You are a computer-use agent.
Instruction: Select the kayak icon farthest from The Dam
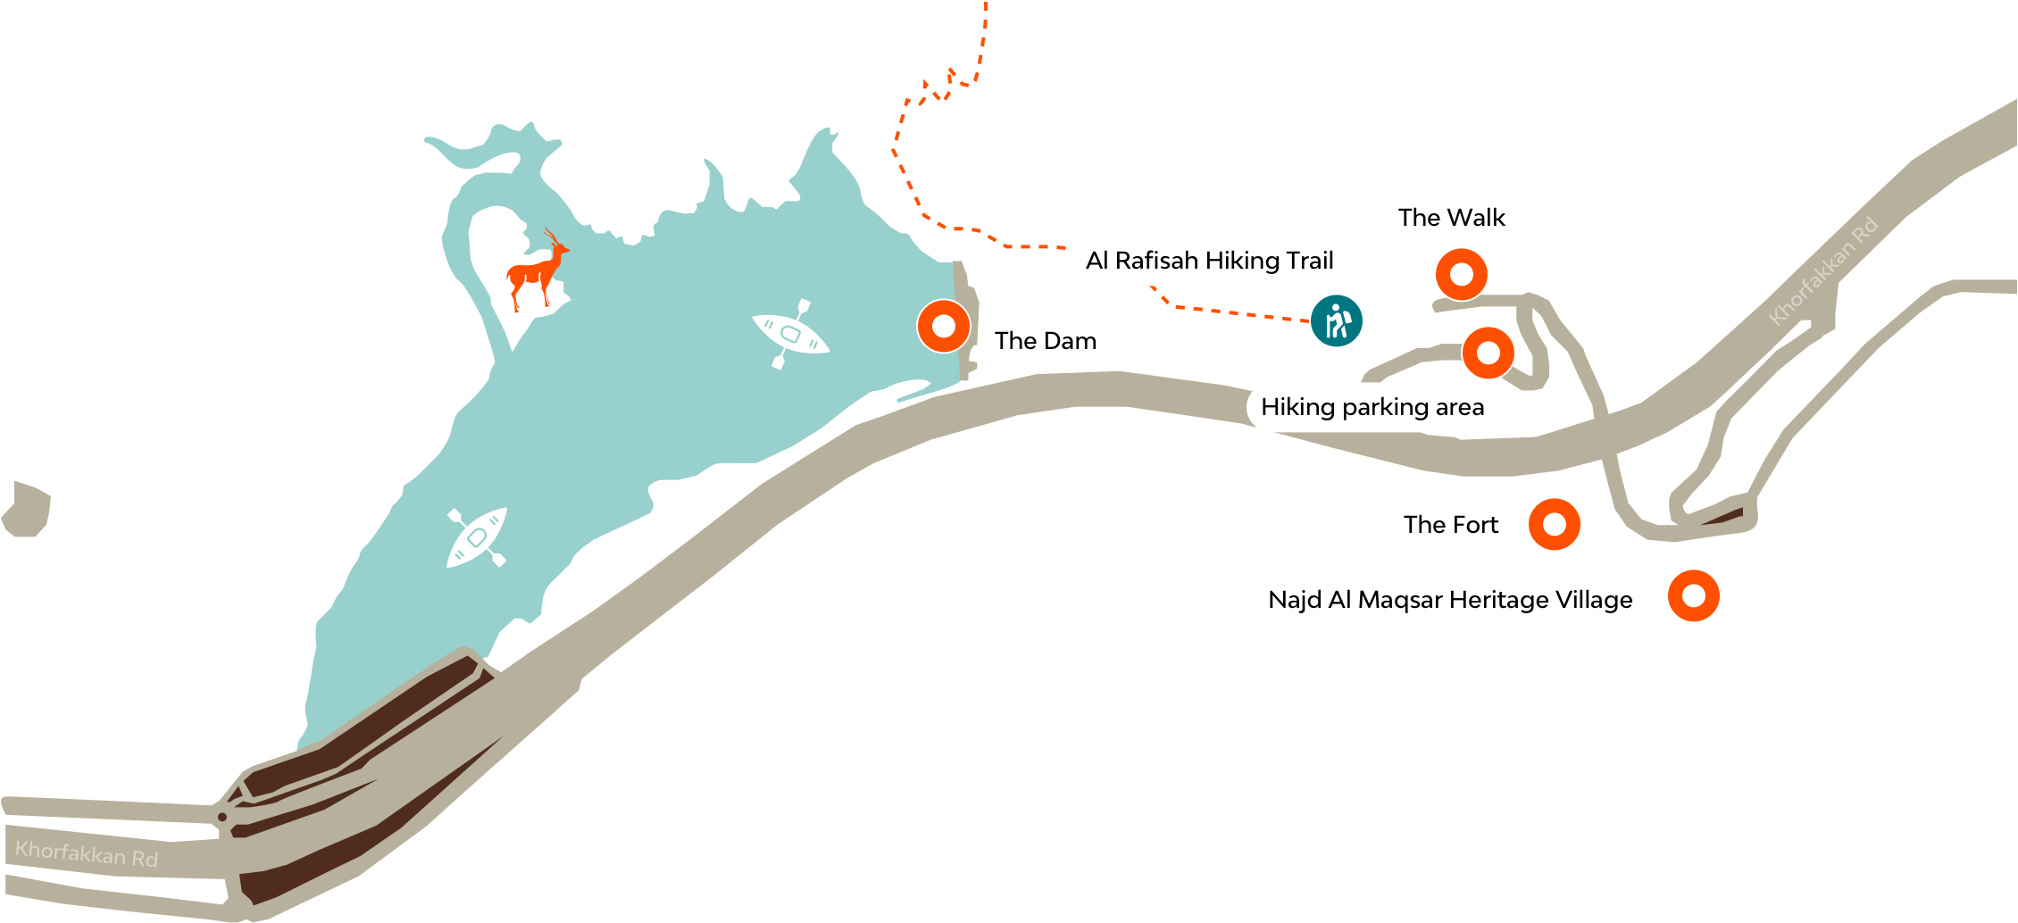tap(477, 537)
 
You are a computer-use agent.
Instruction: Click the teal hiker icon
tap(1336, 320)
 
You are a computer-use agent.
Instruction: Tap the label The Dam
tap(1046, 341)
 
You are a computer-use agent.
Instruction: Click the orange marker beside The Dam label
tap(943, 326)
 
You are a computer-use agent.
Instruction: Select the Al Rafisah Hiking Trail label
tap(1209, 261)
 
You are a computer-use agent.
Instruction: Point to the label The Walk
tap(1451, 217)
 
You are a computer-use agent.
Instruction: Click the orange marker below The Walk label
tap(1461, 274)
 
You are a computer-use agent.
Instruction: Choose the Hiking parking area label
tap(1372, 407)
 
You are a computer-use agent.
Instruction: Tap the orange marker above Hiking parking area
tap(1488, 353)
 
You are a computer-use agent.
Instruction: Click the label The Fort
tap(1450, 525)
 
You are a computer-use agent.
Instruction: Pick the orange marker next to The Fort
tap(1554, 525)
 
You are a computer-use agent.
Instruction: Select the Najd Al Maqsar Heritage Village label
tap(1449, 600)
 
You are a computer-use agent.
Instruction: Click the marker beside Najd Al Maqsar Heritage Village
tap(1693, 595)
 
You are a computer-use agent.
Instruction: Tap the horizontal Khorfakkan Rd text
tap(87, 854)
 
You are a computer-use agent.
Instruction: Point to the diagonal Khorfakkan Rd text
tap(1824, 270)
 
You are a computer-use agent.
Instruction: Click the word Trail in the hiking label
tap(1309, 261)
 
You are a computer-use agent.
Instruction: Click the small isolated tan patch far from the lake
tap(27, 511)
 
